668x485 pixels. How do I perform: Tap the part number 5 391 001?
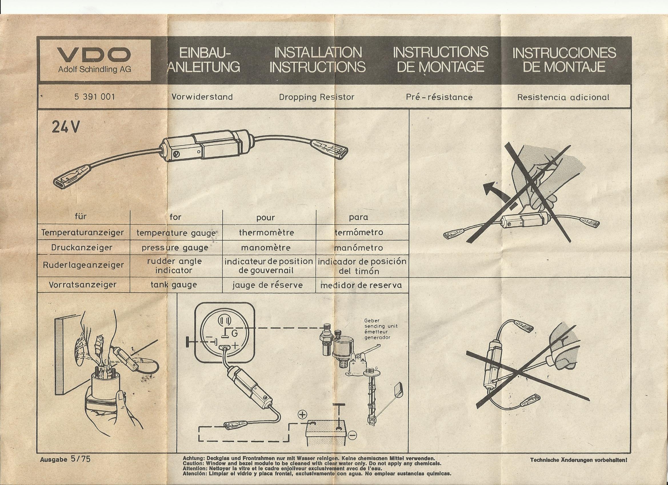click(x=95, y=97)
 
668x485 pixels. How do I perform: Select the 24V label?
click(x=65, y=127)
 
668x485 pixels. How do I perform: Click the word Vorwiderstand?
click(x=202, y=97)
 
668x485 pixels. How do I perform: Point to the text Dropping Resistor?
click(x=317, y=97)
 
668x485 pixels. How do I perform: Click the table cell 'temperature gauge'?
click(x=176, y=233)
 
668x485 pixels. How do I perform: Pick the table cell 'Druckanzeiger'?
click(x=82, y=248)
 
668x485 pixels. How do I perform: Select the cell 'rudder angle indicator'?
click(x=174, y=266)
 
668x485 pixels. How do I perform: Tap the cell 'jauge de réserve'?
click(x=267, y=285)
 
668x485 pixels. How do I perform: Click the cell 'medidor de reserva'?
click(x=361, y=285)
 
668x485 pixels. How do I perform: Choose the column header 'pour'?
click(x=266, y=218)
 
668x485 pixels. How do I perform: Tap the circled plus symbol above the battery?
click(x=303, y=415)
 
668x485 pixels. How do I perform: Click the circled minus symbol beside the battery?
click(x=352, y=435)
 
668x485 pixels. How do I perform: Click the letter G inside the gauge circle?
click(x=235, y=333)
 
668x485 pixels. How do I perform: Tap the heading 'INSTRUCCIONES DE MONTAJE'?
click(x=564, y=60)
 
